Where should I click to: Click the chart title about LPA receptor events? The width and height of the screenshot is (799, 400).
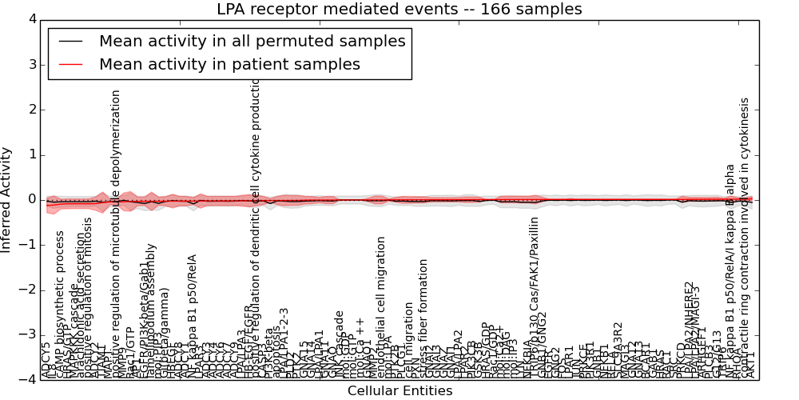(x=399, y=9)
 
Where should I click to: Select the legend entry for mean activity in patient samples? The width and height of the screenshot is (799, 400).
(x=229, y=64)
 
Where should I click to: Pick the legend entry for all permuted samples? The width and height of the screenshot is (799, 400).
(x=252, y=41)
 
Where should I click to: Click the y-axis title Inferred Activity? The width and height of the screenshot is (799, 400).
(x=7, y=199)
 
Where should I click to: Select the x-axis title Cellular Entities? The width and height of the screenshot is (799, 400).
(x=399, y=390)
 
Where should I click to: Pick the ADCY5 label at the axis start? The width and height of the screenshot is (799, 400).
(x=46, y=360)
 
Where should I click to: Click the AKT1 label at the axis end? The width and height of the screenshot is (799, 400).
(x=750, y=364)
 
